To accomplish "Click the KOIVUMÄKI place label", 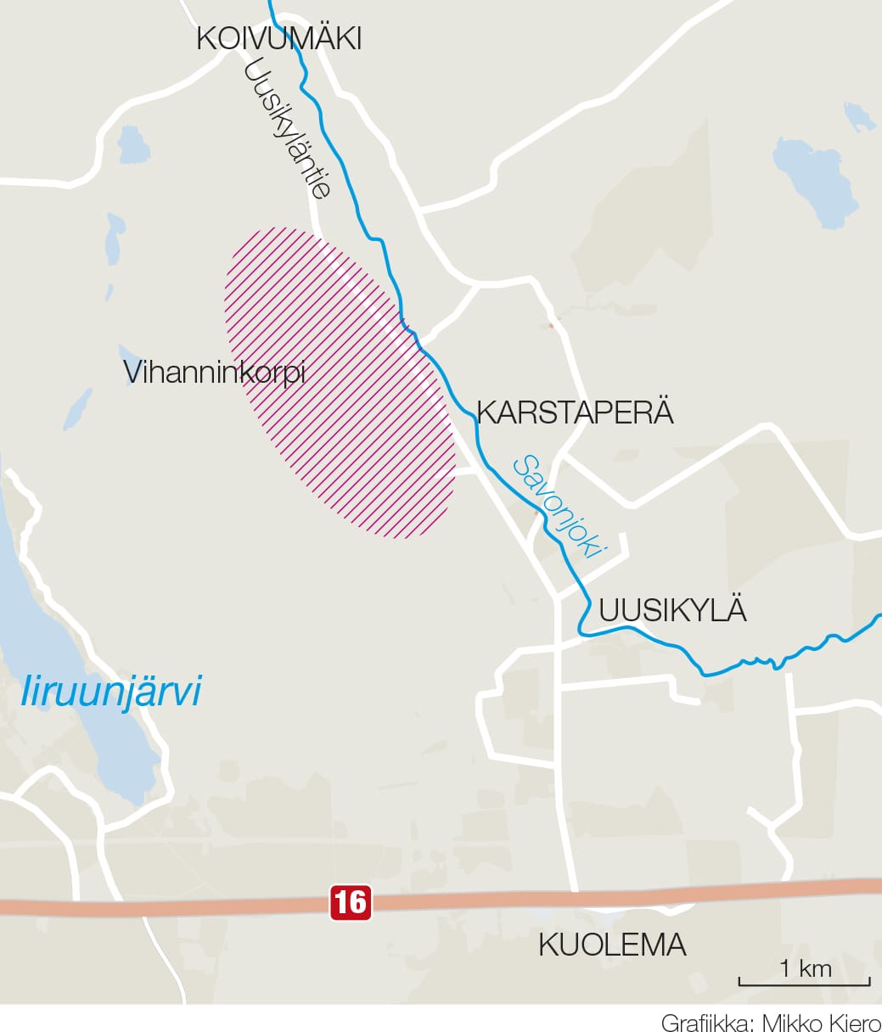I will [x=278, y=39].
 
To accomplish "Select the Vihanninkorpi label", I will [x=214, y=372].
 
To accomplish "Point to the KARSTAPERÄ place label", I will [x=575, y=412].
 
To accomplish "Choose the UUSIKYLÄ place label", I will [x=672, y=610].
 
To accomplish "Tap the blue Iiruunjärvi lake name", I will [x=111, y=691].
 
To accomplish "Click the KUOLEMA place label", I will [x=612, y=945].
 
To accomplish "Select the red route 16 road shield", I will [x=351, y=902].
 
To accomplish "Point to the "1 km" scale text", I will [x=805, y=967].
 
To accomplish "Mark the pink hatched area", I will [x=340, y=382].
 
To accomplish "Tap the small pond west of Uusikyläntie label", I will [x=132, y=144].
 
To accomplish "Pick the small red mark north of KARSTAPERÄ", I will [x=551, y=323].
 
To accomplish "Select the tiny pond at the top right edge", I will [x=859, y=116].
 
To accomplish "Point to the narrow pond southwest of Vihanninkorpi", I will [x=76, y=408].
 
